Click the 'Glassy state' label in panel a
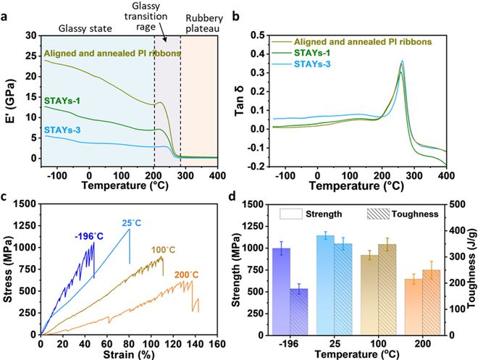coord(85,29)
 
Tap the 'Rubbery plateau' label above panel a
coord(204,23)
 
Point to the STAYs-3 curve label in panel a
coord(62,130)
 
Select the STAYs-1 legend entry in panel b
coord(312,53)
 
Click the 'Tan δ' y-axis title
coord(240,101)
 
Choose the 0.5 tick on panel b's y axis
coord(258,35)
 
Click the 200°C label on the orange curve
coord(186,275)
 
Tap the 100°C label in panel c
coord(164,251)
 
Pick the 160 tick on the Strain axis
coord(217,344)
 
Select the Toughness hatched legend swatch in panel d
coord(378,214)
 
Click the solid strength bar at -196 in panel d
coord(281,291)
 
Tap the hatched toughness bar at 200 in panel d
coord(432,302)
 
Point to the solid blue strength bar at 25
coord(325,285)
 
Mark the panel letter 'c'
coord(4,197)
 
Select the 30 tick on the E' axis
coord(30,35)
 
